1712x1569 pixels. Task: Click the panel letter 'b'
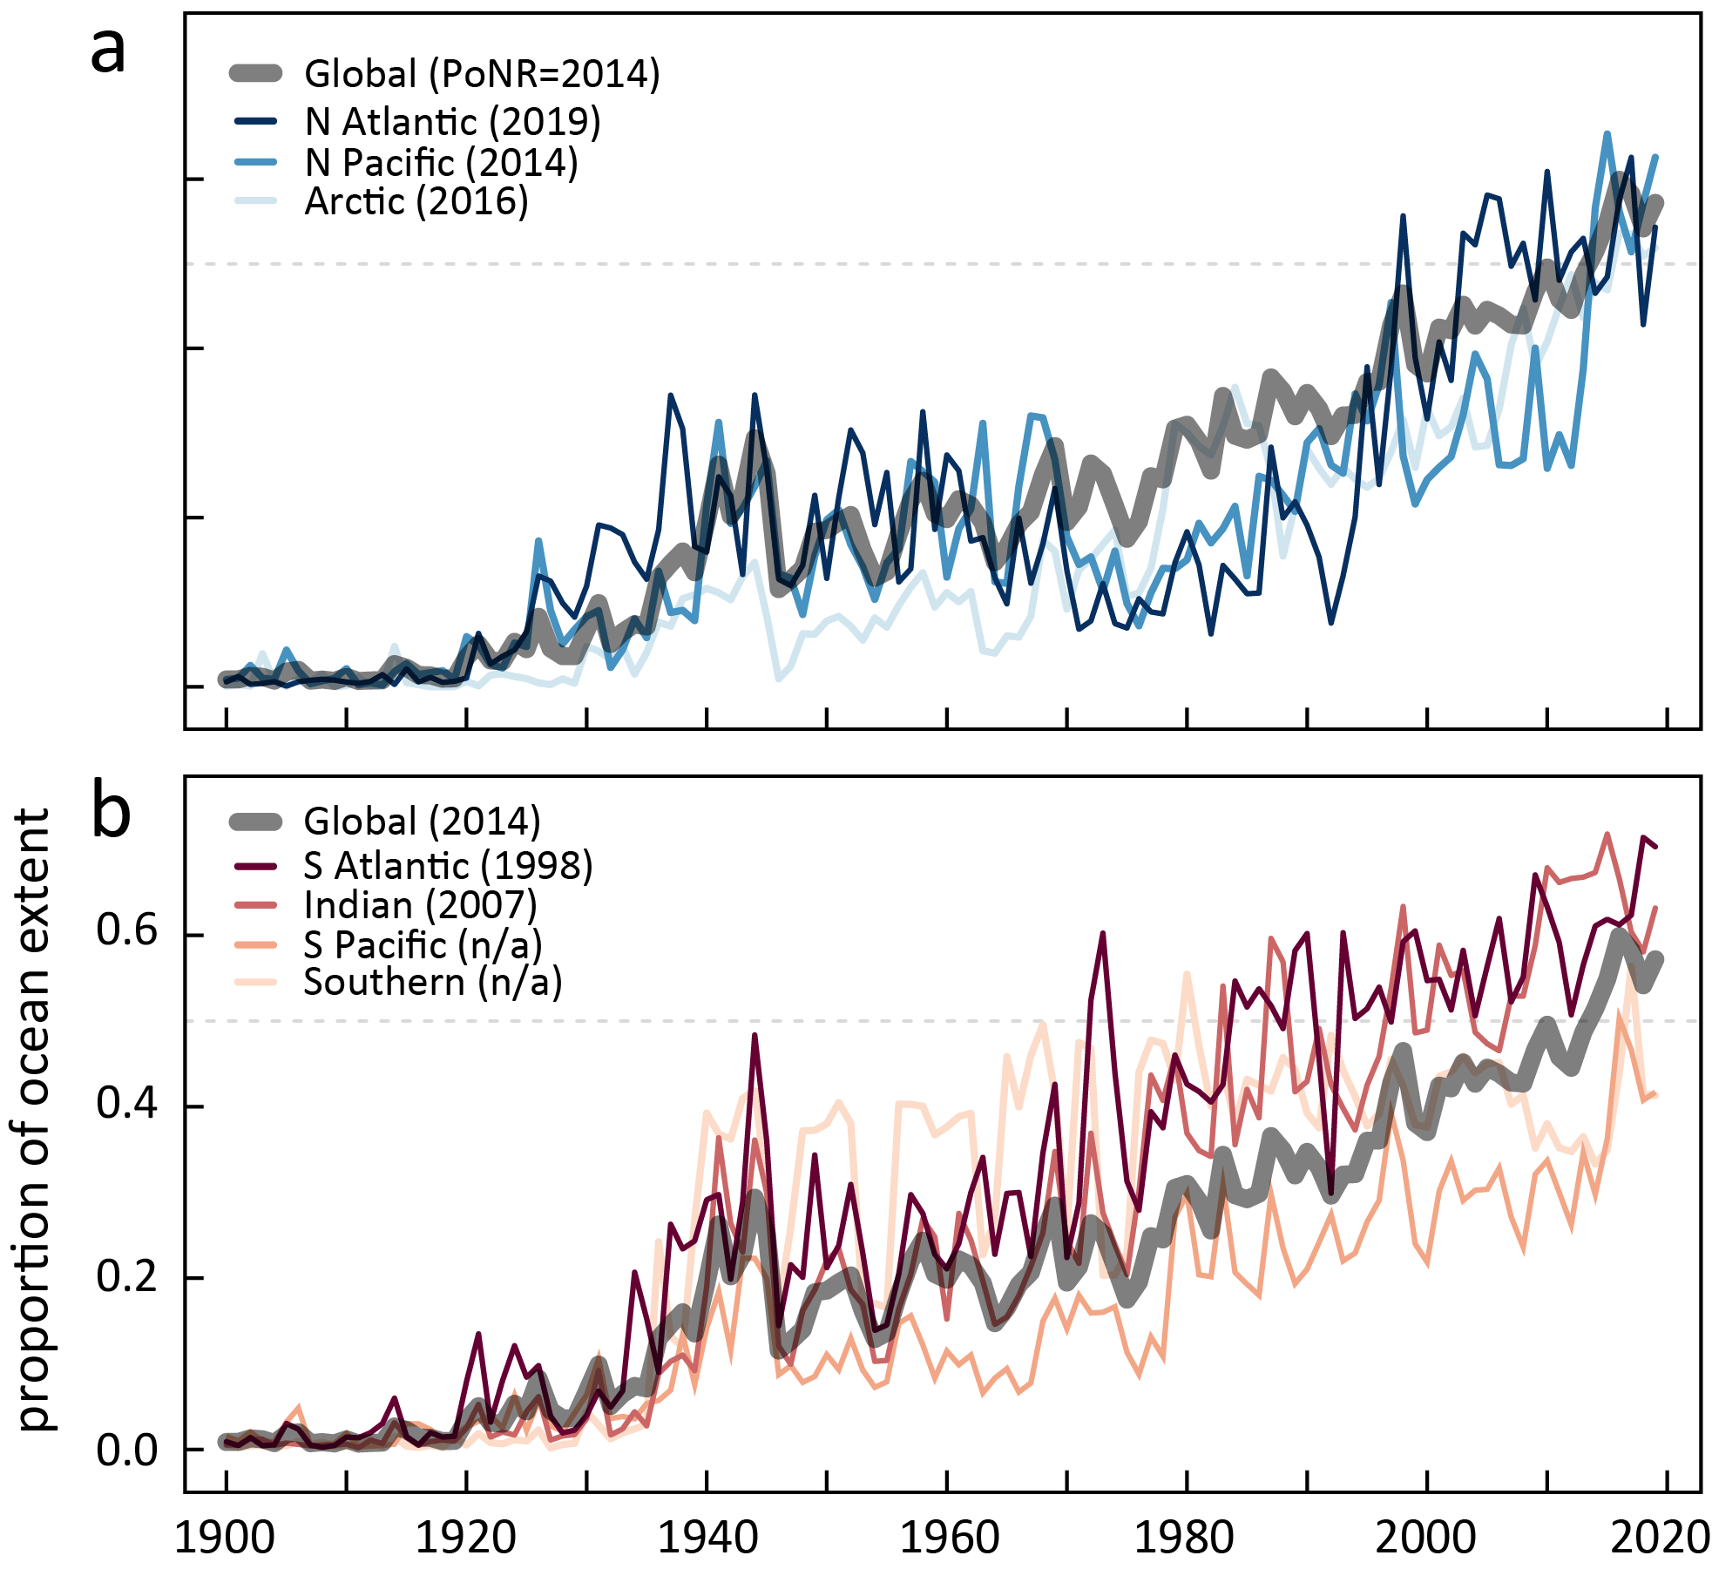coord(111,812)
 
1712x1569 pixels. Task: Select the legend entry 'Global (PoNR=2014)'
coord(482,74)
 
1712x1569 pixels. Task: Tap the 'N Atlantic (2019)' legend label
coord(452,122)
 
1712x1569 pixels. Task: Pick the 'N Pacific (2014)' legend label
coord(441,163)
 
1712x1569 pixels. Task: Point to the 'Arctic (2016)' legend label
coord(416,202)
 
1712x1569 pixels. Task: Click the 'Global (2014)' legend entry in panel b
coord(422,822)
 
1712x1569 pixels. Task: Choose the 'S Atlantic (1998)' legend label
coord(448,866)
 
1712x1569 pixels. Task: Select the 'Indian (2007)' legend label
coord(420,906)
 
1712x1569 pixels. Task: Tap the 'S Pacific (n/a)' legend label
coord(423,945)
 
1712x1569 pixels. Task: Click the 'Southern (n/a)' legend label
coord(432,983)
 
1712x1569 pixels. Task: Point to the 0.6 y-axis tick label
coord(127,930)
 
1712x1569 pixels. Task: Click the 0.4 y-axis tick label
coord(127,1103)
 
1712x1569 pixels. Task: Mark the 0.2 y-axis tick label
coord(127,1275)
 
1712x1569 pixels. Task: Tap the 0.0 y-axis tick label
coord(127,1450)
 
